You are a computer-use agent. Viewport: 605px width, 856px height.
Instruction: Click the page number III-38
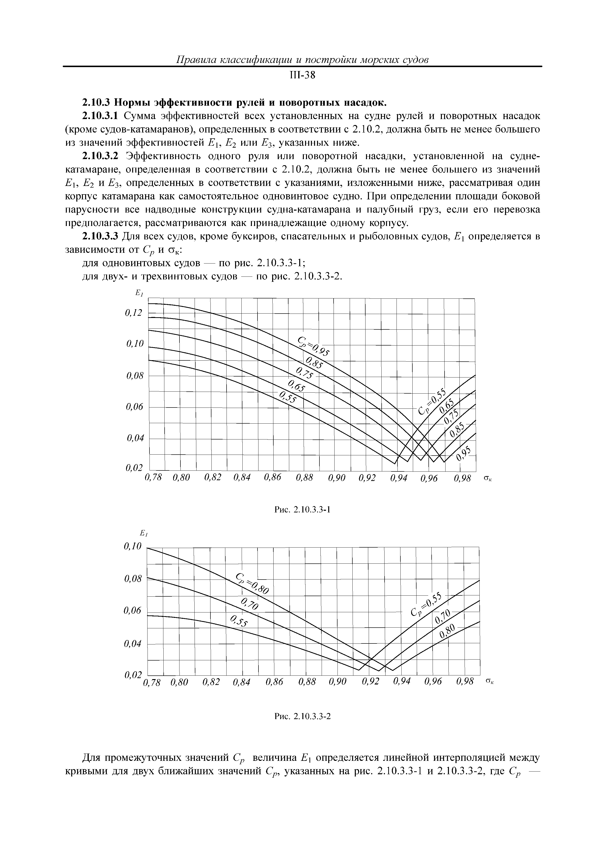(x=302, y=76)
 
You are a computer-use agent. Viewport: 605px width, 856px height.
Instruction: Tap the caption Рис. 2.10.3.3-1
(x=302, y=509)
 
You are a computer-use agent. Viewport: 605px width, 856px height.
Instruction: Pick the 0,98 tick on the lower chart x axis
(x=465, y=682)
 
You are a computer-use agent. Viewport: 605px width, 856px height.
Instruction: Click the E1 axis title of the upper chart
(x=139, y=294)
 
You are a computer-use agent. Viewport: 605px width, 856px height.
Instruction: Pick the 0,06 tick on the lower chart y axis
(x=133, y=611)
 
